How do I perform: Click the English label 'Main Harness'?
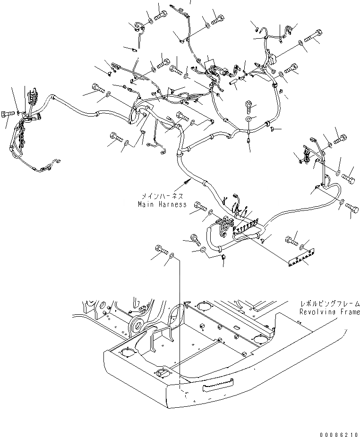(162, 204)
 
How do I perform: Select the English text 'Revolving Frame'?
(329, 312)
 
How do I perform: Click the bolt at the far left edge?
(6, 114)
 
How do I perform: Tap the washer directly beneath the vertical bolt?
(249, 120)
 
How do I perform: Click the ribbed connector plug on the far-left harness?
(33, 98)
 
